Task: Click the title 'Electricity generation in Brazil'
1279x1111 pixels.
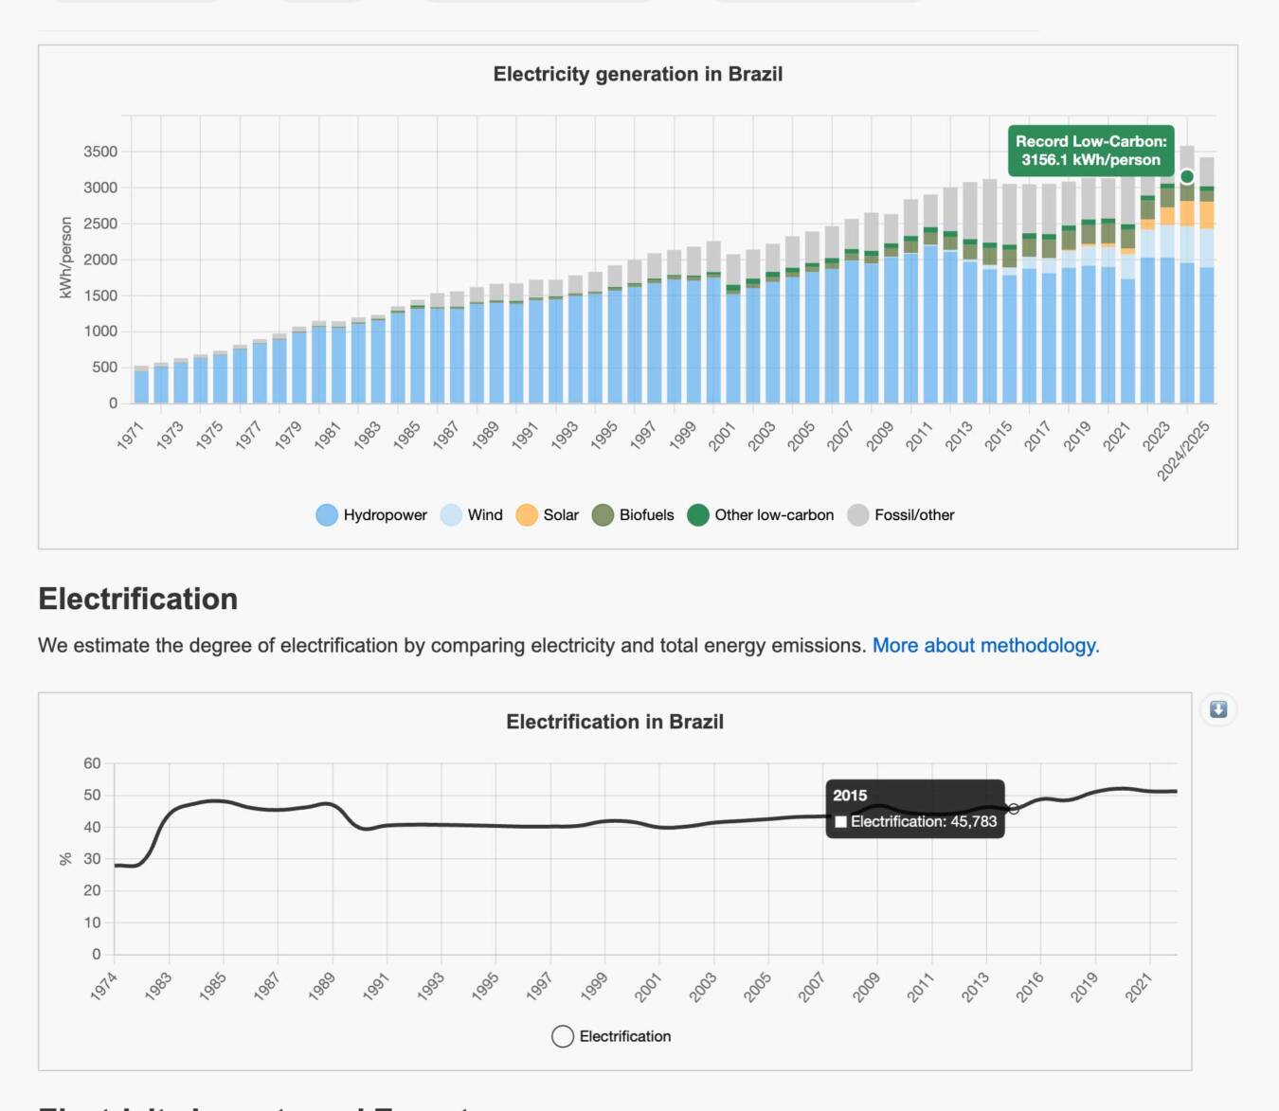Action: click(x=638, y=74)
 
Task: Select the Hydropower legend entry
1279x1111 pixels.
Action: click(x=371, y=515)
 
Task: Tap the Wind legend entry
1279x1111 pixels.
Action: click(x=472, y=515)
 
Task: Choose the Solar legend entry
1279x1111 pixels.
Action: click(x=548, y=515)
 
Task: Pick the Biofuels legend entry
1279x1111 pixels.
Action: click(x=633, y=515)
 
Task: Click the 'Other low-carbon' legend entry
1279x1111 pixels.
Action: click(x=761, y=515)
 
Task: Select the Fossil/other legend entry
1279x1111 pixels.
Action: click(x=901, y=515)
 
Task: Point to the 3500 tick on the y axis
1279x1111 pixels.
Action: click(x=100, y=152)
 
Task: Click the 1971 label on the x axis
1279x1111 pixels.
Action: click(x=131, y=435)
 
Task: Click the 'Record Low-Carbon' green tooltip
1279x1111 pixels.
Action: click(x=1090, y=151)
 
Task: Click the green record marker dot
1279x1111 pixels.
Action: click(x=1187, y=177)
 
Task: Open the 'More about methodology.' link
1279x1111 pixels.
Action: click(x=985, y=645)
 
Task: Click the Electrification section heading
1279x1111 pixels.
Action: click(x=138, y=599)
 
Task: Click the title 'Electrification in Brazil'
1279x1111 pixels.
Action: click(x=615, y=722)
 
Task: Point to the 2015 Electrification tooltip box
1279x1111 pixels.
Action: click(x=914, y=809)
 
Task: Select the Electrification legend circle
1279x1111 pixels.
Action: click(x=563, y=1036)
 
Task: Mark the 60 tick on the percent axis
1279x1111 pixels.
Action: click(x=92, y=763)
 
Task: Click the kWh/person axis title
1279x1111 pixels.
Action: click(x=65, y=258)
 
